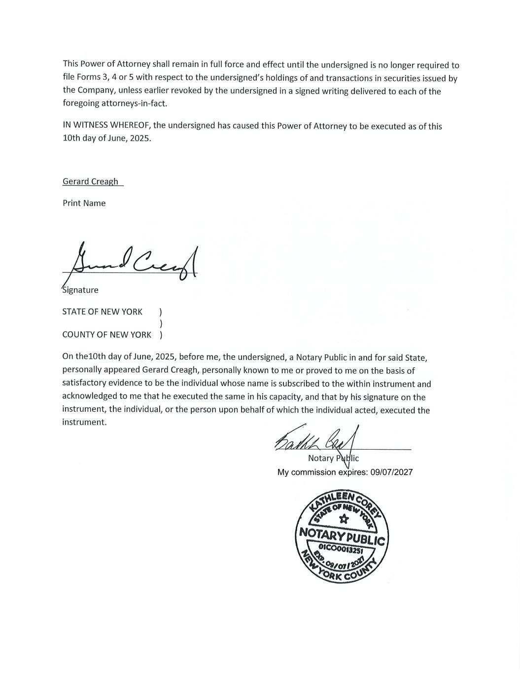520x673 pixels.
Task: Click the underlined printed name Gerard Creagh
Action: [x=90, y=181]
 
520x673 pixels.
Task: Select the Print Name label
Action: [x=84, y=203]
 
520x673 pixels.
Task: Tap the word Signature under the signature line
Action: [x=80, y=290]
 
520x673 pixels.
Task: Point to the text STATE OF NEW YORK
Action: [x=102, y=312]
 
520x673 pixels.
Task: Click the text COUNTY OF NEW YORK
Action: [x=106, y=335]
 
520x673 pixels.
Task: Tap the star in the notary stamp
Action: [x=344, y=519]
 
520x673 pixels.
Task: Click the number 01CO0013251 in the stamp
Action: [x=341, y=548]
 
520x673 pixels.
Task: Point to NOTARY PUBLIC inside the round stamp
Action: [x=342, y=536]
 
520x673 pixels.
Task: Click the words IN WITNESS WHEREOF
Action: [x=103, y=125]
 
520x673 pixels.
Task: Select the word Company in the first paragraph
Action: [x=94, y=91]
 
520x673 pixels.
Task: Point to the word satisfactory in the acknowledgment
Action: [x=84, y=384]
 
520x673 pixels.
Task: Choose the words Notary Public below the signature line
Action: [x=333, y=459]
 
